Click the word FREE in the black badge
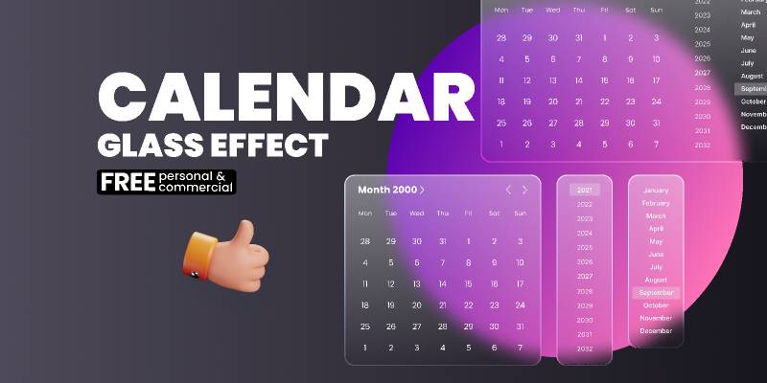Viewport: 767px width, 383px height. (x=128, y=182)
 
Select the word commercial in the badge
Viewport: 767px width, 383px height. (x=196, y=188)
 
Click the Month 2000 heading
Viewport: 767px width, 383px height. (x=386, y=190)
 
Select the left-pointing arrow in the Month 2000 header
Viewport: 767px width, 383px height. (x=508, y=190)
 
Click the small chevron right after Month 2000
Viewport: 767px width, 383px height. (x=422, y=190)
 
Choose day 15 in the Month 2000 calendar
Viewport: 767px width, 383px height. (x=468, y=283)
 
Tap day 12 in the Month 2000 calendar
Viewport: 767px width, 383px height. (x=390, y=283)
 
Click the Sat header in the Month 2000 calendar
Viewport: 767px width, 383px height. (x=494, y=214)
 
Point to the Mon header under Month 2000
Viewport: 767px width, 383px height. (x=364, y=214)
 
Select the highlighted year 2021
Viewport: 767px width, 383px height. (x=584, y=190)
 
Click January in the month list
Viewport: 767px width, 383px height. (x=656, y=190)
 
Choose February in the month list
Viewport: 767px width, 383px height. (x=656, y=203)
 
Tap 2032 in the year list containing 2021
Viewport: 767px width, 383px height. (x=584, y=349)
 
